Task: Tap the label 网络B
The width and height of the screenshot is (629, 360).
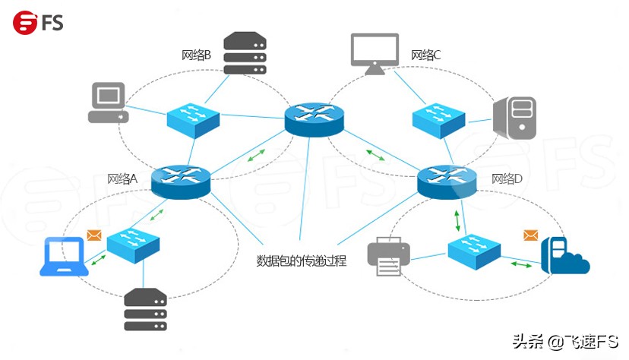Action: point(196,55)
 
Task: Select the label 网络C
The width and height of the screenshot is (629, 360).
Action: point(425,55)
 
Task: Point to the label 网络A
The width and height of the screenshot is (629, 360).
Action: point(122,179)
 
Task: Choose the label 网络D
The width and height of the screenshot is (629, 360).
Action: point(506,179)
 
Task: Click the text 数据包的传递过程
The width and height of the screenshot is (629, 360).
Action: point(302,261)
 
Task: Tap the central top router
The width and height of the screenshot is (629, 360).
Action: point(314,118)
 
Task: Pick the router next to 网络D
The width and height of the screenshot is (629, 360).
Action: point(446,181)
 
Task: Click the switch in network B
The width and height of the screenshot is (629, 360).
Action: point(193,120)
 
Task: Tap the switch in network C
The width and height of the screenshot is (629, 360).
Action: point(438,118)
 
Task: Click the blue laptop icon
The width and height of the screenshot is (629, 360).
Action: point(65,256)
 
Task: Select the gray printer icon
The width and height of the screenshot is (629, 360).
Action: point(389,257)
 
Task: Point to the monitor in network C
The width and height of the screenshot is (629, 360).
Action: point(375,53)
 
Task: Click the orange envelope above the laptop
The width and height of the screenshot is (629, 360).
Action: point(94,235)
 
